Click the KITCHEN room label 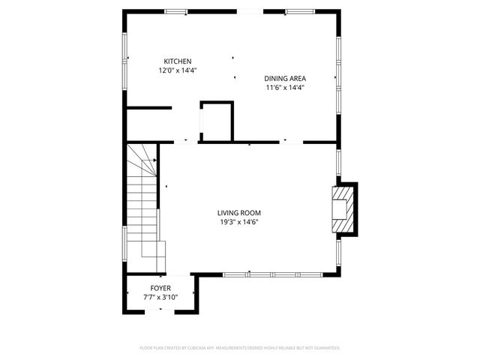[178, 61]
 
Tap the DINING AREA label [285, 78]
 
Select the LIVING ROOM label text [239, 212]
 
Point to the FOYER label [160, 288]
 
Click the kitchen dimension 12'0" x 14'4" [178, 70]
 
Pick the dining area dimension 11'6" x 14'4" [285, 87]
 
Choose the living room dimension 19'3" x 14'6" [239, 221]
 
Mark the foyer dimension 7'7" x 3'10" [160, 297]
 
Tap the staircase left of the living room [142, 210]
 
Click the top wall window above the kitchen [176, 11]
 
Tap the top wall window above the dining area [296, 11]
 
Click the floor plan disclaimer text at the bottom [240, 348]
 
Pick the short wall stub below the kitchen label [148, 108]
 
